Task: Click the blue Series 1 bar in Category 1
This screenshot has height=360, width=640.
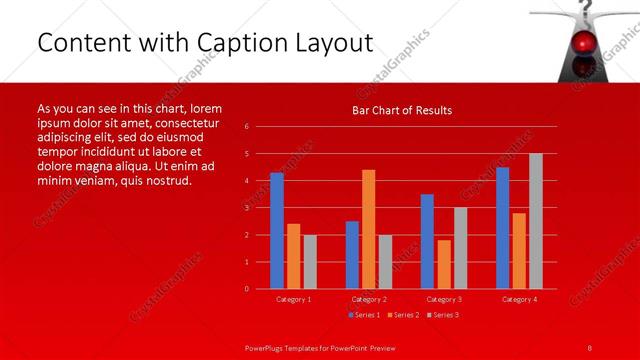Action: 277,231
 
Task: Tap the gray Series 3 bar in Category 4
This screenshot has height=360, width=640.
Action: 536,221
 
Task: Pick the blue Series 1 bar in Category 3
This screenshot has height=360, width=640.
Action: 427,241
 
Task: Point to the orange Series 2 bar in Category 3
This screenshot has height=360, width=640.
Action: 444,264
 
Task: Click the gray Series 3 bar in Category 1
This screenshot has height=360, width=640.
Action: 310,262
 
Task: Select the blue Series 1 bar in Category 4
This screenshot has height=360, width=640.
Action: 503,228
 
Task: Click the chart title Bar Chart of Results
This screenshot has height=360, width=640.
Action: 402,110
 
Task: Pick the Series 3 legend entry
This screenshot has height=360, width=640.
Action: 443,315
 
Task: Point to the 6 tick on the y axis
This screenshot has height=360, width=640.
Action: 247,127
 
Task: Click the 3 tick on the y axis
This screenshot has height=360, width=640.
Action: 247,208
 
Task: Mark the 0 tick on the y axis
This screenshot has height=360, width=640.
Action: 247,289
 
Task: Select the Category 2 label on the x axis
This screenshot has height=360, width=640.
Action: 369,299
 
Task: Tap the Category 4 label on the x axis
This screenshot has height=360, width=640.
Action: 520,299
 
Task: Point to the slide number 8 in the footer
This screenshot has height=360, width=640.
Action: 590,346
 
